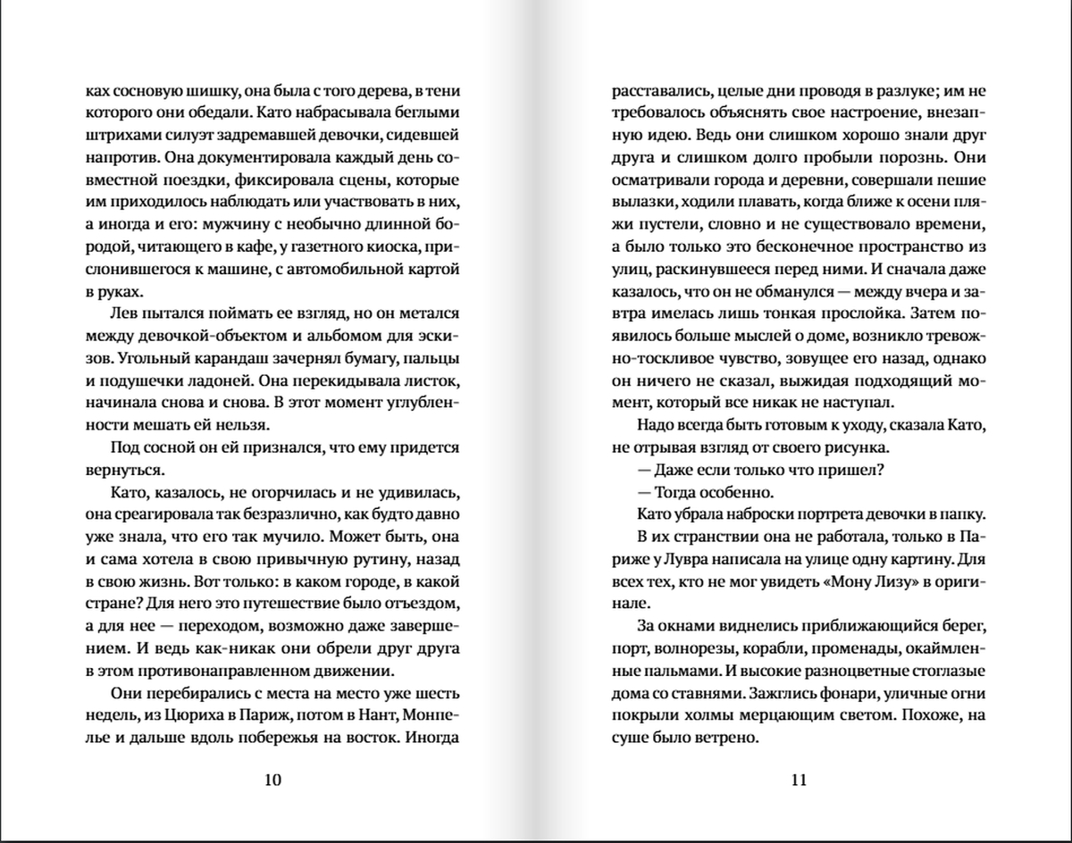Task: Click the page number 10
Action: (274, 780)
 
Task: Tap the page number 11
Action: (799, 780)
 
